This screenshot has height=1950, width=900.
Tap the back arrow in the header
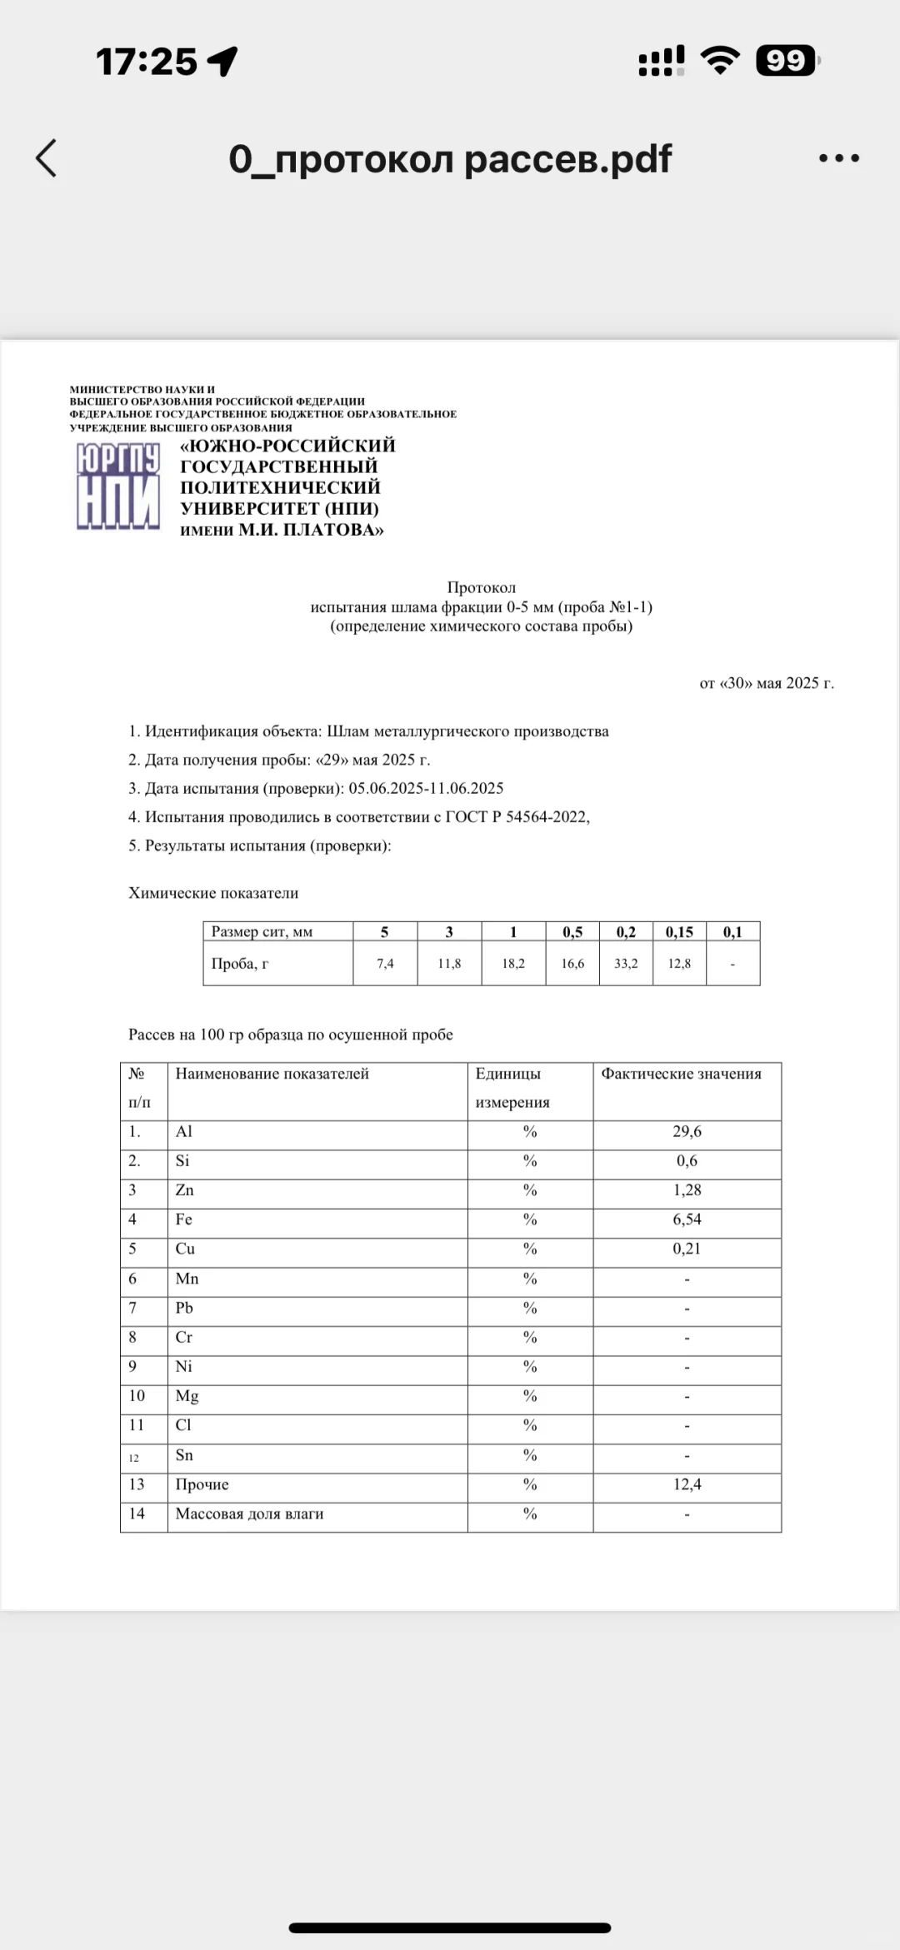pos(47,158)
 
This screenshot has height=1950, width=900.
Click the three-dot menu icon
pos(838,158)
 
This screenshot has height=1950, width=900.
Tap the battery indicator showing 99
pos(786,61)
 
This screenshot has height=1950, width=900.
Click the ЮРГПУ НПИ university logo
pos(118,487)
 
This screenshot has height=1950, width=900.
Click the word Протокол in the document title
pos(481,587)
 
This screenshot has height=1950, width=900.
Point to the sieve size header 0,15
pos(679,932)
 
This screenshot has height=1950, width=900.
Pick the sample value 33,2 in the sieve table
pos(626,964)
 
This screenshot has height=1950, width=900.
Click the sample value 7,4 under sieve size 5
pos(385,964)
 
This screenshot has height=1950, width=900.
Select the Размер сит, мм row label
pos(262,932)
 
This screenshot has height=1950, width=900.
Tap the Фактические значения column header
pos(681,1074)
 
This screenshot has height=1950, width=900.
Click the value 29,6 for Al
pos(687,1132)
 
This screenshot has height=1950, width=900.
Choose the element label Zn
pos(184,1190)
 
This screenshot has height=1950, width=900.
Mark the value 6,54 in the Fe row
pos(687,1219)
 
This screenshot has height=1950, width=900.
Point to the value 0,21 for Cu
pos(687,1249)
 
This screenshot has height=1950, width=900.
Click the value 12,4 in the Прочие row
pos(687,1484)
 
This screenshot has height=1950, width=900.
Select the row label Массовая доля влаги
pos(249,1514)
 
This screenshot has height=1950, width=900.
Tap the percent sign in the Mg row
pos(530,1396)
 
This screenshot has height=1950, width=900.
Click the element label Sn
pos(184,1455)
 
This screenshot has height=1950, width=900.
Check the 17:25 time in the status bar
pos(147,62)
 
